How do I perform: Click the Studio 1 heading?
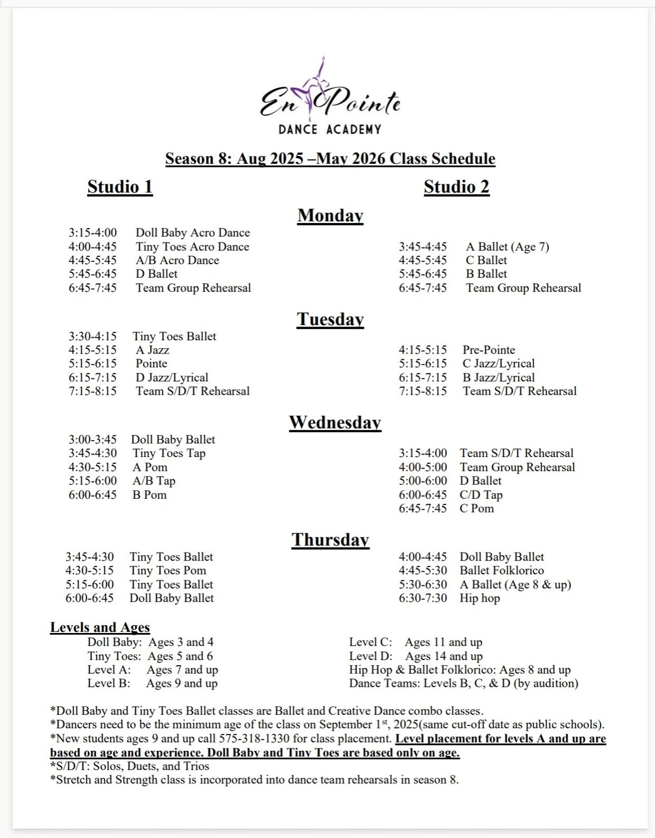click(x=120, y=187)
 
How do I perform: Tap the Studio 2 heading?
click(x=456, y=187)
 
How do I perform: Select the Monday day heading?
click(x=330, y=216)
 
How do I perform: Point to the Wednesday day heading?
click(x=335, y=423)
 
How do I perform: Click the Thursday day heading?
click(x=330, y=540)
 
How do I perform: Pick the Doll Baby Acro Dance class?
click(x=192, y=233)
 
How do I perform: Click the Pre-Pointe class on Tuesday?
click(x=489, y=350)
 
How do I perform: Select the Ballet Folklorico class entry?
click(x=501, y=571)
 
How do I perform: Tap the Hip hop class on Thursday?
click(x=480, y=598)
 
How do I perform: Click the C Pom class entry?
click(x=476, y=508)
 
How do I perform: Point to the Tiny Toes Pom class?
click(x=167, y=571)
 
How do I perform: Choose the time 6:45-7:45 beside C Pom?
click(x=423, y=508)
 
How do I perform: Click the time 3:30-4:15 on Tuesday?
click(x=92, y=337)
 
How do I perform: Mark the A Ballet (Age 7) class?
click(x=507, y=247)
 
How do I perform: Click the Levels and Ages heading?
click(x=100, y=628)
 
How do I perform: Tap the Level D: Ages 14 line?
click(x=416, y=656)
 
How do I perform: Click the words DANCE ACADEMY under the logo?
click(x=330, y=129)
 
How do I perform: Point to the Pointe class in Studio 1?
click(x=151, y=364)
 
